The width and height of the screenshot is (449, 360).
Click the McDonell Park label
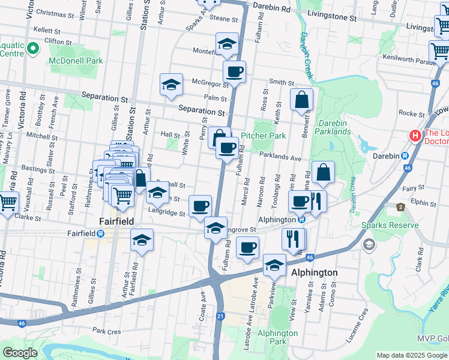pyautogui.click(x=77, y=61)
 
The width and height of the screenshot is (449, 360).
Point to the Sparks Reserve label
pyautogui.click(x=390, y=226)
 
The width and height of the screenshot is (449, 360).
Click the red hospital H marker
pyautogui.click(x=414, y=136)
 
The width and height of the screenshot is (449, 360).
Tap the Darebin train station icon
pyautogui.click(x=406, y=155)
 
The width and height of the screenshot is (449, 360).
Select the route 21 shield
pyautogui.click(x=221, y=316)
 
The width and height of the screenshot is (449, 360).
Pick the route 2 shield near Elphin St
pyautogui.click(x=400, y=207)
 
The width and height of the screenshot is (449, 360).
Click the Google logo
pyautogui.click(x=19, y=352)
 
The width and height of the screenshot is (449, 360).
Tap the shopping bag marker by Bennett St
pyautogui.click(x=301, y=100)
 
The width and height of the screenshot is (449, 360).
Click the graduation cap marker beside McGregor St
pyautogui.click(x=171, y=85)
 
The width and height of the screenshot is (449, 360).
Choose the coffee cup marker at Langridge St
pyautogui.click(x=200, y=206)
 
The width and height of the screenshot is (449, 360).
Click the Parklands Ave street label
pyautogui.click(x=280, y=157)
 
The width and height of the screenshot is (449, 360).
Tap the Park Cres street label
pyautogui.click(x=107, y=331)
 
